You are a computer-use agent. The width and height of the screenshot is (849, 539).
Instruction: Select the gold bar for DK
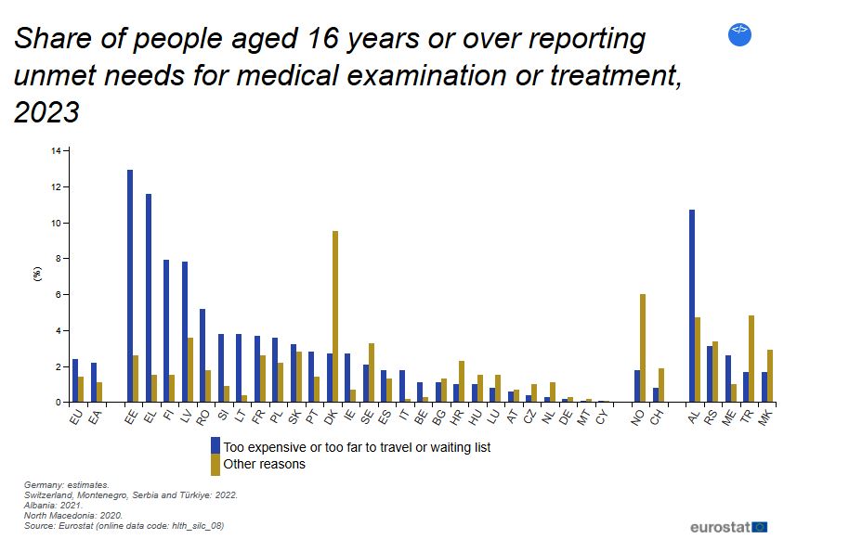pyautogui.click(x=334, y=316)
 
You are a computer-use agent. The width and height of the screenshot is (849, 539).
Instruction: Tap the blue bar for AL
pyautogui.click(x=692, y=306)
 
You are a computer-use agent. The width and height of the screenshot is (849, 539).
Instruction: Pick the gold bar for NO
pyautogui.click(x=643, y=348)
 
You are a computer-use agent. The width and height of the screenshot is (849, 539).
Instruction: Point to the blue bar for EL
pyautogui.click(x=149, y=298)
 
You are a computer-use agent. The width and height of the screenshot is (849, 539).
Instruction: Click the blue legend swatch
pyautogui.click(x=216, y=447)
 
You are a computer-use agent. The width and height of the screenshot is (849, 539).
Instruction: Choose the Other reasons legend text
pyautogui.click(x=265, y=464)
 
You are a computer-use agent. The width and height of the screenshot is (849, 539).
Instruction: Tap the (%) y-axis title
pyautogui.click(x=37, y=275)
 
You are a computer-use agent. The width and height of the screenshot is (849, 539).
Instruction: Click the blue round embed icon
pyautogui.click(x=740, y=34)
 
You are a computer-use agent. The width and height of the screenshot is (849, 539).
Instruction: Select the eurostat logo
pyautogui.click(x=728, y=526)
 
